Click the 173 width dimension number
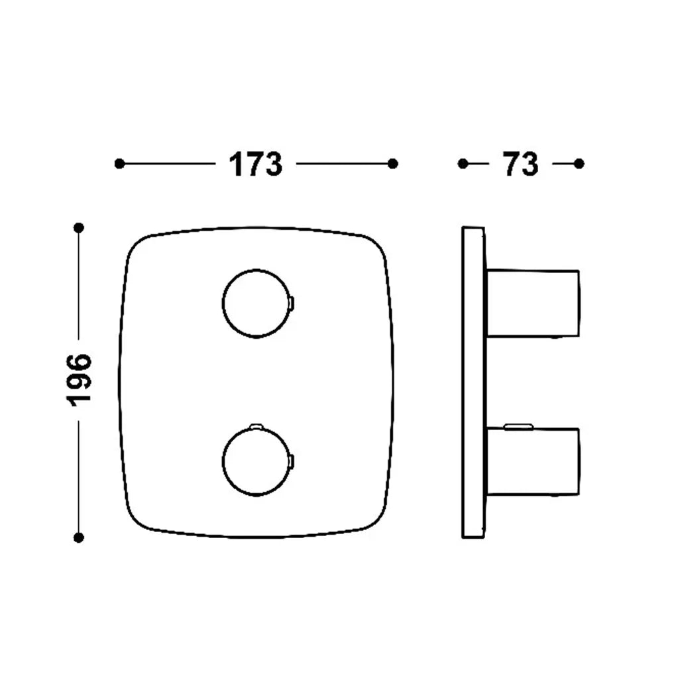(x=255, y=164)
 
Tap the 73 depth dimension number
(x=520, y=164)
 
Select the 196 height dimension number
(x=79, y=380)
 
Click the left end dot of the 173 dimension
(x=120, y=164)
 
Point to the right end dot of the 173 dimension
(x=392, y=164)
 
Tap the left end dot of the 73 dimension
(x=463, y=164)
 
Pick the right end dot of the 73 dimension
(x=579, y=164)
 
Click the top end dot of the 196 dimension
(x=78, y=227)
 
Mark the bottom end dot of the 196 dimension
(x=78, y=537)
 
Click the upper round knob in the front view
(x=256, y=270)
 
